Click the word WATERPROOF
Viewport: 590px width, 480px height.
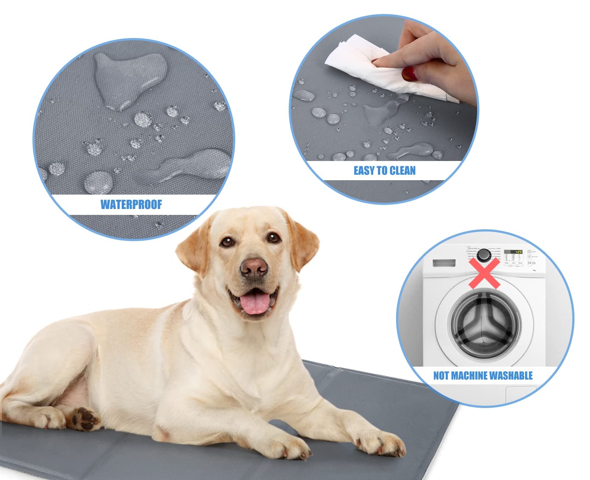[x=131, y=205]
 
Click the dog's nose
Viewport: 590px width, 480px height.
[x=254, y=267]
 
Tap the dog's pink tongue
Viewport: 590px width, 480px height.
[x=254, y=304]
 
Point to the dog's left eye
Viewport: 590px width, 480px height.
[x=273, y=237]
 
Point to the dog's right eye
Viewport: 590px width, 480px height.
[x=227, y=242]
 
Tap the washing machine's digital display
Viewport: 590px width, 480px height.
[x=513, y=252]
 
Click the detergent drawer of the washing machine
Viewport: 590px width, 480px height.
[x=444, y=263]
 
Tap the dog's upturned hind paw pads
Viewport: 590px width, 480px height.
[x=86, y=419]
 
